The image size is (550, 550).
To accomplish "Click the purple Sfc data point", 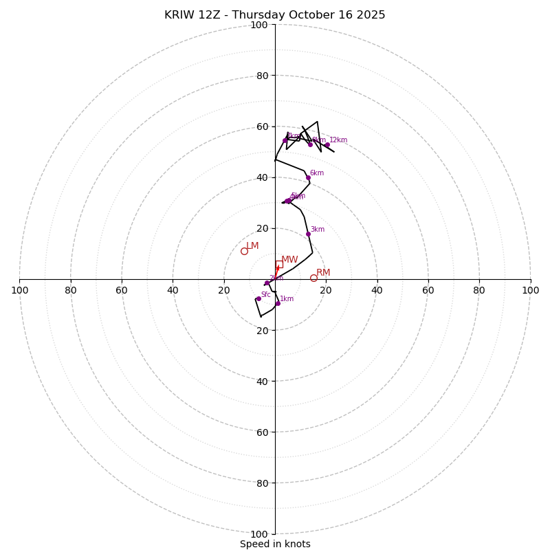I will (x=258, y=298).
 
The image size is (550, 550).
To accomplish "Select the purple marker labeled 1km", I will (x=278, y=303).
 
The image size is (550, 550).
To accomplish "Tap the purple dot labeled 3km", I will (x=308, y=234).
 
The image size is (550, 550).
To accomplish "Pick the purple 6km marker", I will (x=308, y=177).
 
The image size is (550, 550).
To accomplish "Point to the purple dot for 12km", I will (x=327, y=144).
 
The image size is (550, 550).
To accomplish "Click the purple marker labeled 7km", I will (x=285, y=140).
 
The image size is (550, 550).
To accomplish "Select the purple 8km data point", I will (x=310, y=144).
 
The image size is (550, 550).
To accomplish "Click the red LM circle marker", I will (x=244, y=251).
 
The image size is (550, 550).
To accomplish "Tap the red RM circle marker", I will (x=313, y=278).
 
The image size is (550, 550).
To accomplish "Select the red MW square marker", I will (x=278, y=264).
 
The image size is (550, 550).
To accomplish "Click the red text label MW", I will (x=289, y=260).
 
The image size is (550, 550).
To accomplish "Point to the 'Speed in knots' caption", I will (x=275, y=544).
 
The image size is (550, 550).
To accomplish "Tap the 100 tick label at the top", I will (x=259, y=25).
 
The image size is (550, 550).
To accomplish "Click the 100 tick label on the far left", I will (x=19, y=290).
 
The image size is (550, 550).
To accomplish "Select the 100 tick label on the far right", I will (x=530, y=290).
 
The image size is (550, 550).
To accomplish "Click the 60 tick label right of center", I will (x=428, y=290).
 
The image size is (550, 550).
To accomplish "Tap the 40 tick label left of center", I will (x=173, y=290).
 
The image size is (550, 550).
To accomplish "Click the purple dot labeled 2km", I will (x=267, y=283).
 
